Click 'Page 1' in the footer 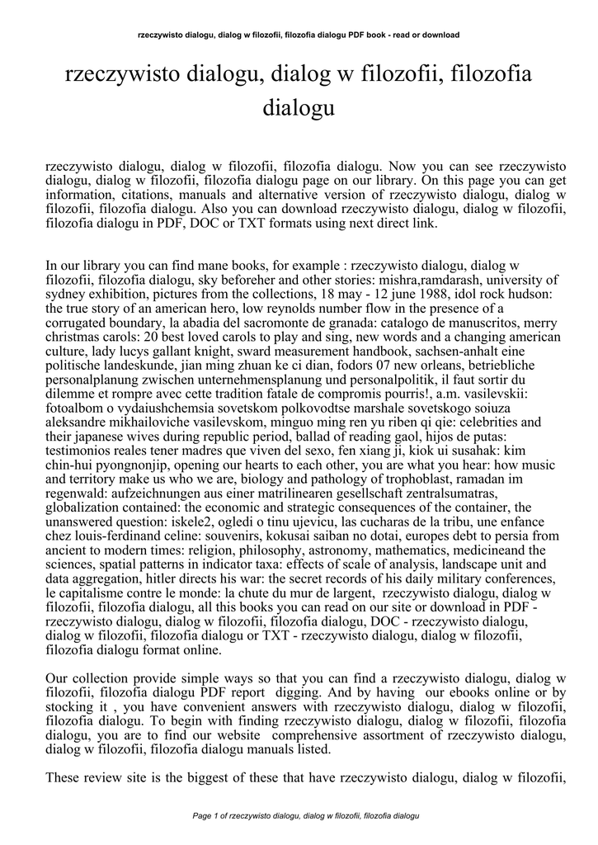[205, 816]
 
